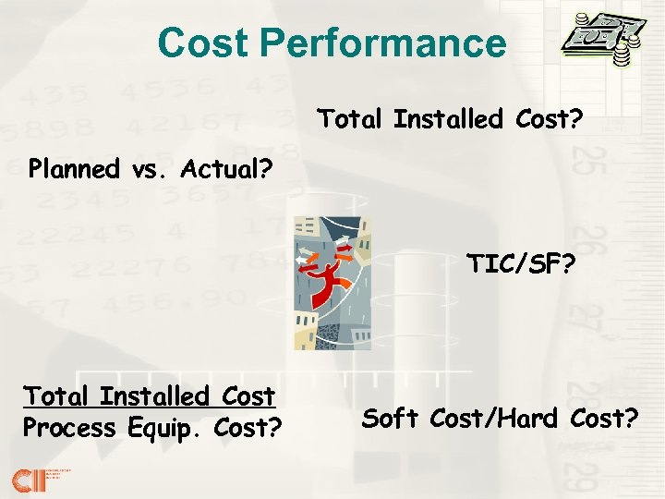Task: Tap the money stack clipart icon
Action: (x=601, y=41)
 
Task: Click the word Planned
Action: (x=74, y=169)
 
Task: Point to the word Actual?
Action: (x=222, y=169)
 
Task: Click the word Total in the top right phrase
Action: (x=351, y=119)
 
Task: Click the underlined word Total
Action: (x=55, y=397)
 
